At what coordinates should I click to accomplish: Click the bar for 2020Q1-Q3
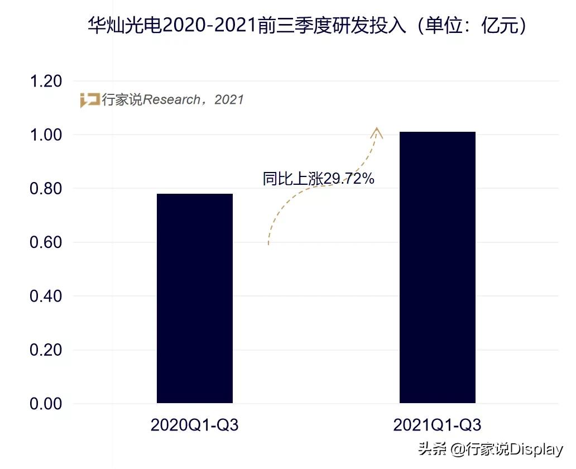(x=194, y=298)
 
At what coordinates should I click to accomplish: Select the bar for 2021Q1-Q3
(x=437, y=267)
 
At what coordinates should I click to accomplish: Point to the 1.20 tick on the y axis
(x=45, y=82)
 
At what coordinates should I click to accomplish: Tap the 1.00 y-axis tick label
(x=45, y=135)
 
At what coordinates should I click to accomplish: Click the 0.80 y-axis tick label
(x=45, y=189)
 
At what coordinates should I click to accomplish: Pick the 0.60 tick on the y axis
(x=45, y=243)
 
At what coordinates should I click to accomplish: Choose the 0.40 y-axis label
(x=45, y=296)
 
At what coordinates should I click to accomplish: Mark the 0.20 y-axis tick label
(x=45, y=350)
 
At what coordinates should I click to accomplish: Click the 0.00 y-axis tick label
(x=45, y=404)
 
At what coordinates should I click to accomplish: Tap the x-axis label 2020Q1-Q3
(x=194, y=425)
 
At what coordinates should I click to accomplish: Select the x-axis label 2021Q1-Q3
(x=437, y=425)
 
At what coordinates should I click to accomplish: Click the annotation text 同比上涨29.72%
(x=318, y=179)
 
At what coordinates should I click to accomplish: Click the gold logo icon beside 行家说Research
(x=89, y=100)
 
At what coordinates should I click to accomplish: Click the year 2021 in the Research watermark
(x=229, y=100)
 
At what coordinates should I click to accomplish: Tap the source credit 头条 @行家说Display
(x=491, y=449)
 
